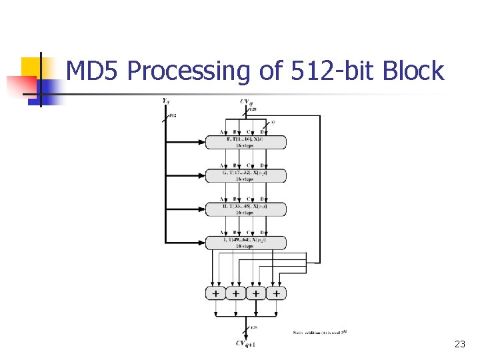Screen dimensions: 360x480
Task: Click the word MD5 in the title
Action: [x=93, y=71]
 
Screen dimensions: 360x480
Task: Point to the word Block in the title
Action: [x=415, y=71]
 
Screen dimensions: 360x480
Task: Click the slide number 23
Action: [x=459, y=344]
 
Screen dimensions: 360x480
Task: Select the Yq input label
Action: [x=165, y=101]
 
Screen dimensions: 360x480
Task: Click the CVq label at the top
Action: [x=246, y=101]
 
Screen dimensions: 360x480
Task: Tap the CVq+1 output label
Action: [x=246, y=344]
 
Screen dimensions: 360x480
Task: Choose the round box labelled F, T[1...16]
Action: [x=245, y=142]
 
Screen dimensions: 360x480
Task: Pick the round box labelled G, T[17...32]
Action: [x=245, y=175]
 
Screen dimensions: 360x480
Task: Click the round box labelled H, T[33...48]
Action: [x=245, y=209]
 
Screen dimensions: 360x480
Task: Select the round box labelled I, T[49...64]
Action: [x=245, y=243]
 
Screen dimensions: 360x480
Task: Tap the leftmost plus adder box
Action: [x=215, y=293]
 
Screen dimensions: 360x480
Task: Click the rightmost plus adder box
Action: [x=276, y=293]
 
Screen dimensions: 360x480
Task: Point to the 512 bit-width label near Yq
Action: [x=173, y=115]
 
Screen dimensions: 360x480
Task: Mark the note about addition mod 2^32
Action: [x=320, y=332]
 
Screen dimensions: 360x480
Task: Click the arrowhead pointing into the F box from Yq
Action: [x=202, y=142]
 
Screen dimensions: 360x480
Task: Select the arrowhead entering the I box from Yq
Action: [x=202, y=243]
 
